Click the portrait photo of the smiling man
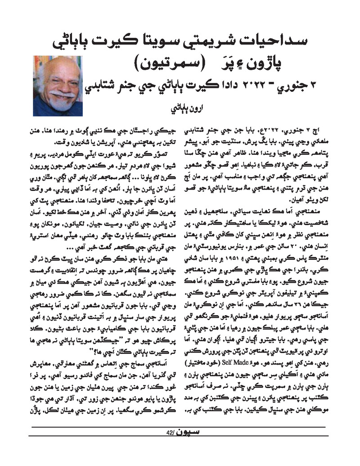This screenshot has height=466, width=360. coord(58,86)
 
